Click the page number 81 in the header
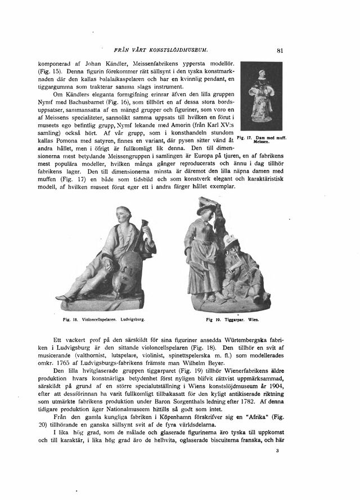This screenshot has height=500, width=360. click(280, 49)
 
